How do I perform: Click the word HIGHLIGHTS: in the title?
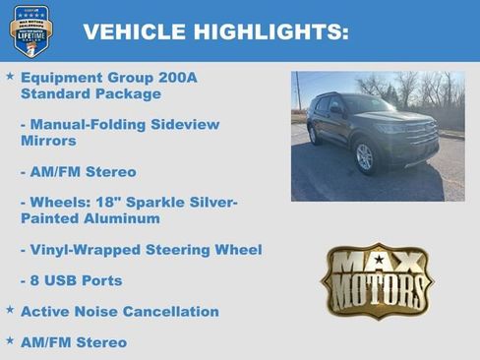[x=270, y=32]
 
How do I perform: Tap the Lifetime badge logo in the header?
[x=30, y=30]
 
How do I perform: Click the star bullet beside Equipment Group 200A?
[x=10, y=75]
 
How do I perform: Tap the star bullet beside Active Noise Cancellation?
[x=10, y=310]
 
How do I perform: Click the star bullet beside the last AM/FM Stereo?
[x=10, y=341]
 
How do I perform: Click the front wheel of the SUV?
[x=364, y=156]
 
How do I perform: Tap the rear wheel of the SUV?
[x=314, y=135]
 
